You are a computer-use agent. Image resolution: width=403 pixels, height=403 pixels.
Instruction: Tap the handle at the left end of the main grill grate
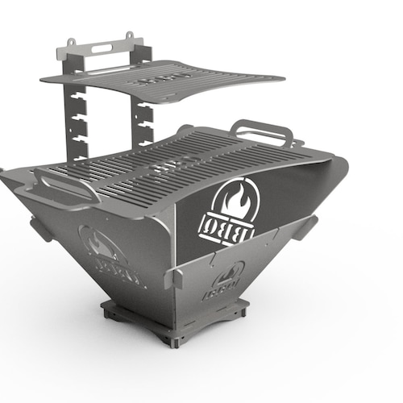click(60, 187)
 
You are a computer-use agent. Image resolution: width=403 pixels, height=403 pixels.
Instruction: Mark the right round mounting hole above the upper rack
click(129, 35)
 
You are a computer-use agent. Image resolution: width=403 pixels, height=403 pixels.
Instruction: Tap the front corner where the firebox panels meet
click(173, 266)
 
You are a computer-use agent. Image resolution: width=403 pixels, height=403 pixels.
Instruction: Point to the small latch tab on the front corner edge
click(171, 277)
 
